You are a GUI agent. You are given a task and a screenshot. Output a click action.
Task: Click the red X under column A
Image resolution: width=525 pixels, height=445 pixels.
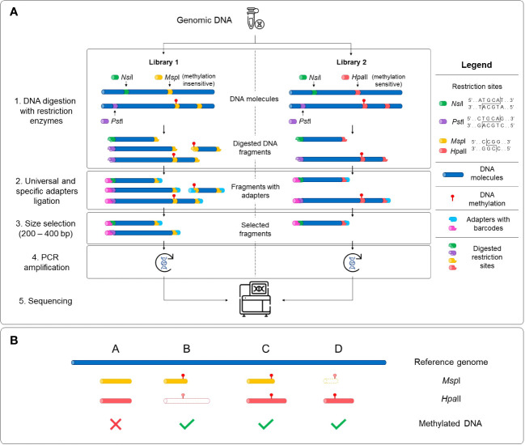116,421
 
